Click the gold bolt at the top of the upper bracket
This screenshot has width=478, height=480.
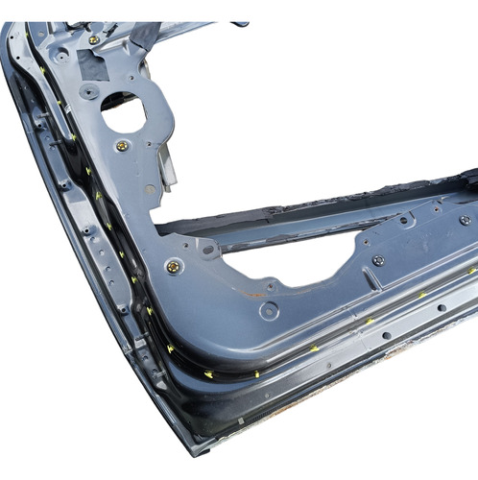[x=93, y=39]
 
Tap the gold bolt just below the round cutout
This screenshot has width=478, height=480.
[x=122, y=146]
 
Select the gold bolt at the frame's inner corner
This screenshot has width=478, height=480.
[x=173, y=266]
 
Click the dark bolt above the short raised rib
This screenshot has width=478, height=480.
[x=377, y=260]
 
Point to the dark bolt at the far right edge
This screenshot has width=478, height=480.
[x=465, y=220]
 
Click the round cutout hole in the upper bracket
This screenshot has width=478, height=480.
[x=123, y=112]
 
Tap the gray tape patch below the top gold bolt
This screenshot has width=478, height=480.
[x=94, y=66]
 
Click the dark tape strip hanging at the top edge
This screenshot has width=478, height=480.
[x=144, y=34]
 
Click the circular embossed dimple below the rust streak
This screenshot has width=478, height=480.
[x=269, y=310]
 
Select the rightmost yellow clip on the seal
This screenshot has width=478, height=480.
[x=422, y=295]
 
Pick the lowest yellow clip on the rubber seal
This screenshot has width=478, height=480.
[x=256, y=372]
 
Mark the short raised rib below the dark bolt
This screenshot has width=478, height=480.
[x=379, y=283]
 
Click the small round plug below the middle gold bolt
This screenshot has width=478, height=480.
[x=151, y=189]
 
